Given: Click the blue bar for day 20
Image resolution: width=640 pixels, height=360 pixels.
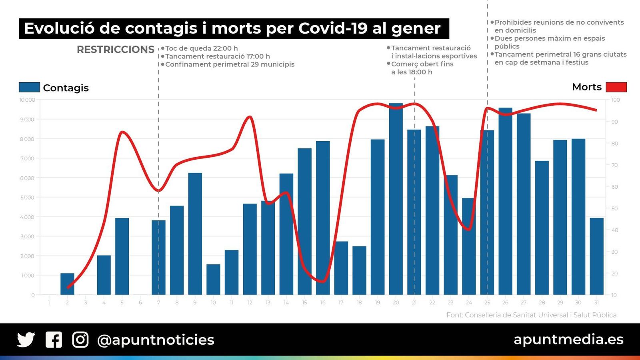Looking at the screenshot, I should (396, 200).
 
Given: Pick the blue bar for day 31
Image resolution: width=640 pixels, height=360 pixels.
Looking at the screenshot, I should (596, 256).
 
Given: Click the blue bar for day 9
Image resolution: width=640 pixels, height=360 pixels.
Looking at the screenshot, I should (195, 234).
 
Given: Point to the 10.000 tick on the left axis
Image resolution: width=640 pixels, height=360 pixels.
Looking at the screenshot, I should (27, 100).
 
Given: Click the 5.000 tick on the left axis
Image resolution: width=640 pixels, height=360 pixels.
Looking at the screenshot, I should (27, 198).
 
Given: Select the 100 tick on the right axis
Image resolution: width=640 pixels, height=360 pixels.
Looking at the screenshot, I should (616, 100).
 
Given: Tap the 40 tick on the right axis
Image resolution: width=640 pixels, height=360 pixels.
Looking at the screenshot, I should (615, 230).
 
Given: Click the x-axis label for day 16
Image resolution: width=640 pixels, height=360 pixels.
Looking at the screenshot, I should (322, 303).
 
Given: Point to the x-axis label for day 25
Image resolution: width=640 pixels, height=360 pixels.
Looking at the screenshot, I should (487, 303).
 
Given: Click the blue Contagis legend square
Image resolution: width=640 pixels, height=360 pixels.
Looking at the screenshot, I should (29, 87).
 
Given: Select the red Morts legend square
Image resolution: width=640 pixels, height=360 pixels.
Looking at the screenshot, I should (616, 87).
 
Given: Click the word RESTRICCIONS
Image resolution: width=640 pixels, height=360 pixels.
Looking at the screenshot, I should (115, 50).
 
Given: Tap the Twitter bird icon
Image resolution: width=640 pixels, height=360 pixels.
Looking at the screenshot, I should (26, 340).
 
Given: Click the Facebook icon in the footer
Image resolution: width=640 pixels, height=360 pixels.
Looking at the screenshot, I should (54, 340).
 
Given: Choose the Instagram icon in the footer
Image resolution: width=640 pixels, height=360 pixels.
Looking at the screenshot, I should (80, 340).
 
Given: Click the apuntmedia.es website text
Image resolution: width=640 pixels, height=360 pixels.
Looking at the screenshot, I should (568, 339).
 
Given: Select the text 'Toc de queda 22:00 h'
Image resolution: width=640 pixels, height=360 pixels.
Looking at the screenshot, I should (201, 48).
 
